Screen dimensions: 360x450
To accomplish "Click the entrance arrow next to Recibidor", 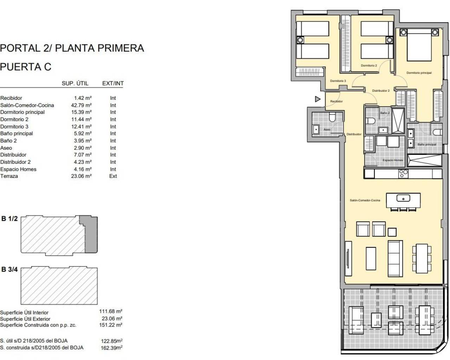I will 317,99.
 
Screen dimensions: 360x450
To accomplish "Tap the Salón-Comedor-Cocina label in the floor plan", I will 365,200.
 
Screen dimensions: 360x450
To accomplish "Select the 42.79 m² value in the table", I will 81,105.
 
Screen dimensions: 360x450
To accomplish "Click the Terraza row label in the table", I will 9,176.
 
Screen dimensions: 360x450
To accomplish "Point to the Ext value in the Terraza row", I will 113,176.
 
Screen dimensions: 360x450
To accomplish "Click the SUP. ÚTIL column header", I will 75,83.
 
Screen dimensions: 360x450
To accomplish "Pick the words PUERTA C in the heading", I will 26,67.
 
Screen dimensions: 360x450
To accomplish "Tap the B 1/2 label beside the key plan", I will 9,219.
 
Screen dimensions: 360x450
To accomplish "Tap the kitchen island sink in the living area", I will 403,199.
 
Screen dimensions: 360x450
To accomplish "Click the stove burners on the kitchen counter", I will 403,173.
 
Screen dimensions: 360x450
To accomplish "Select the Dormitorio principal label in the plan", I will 419,73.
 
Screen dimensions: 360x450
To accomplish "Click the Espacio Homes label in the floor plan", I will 393,160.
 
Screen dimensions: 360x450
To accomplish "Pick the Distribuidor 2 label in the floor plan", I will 381,91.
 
